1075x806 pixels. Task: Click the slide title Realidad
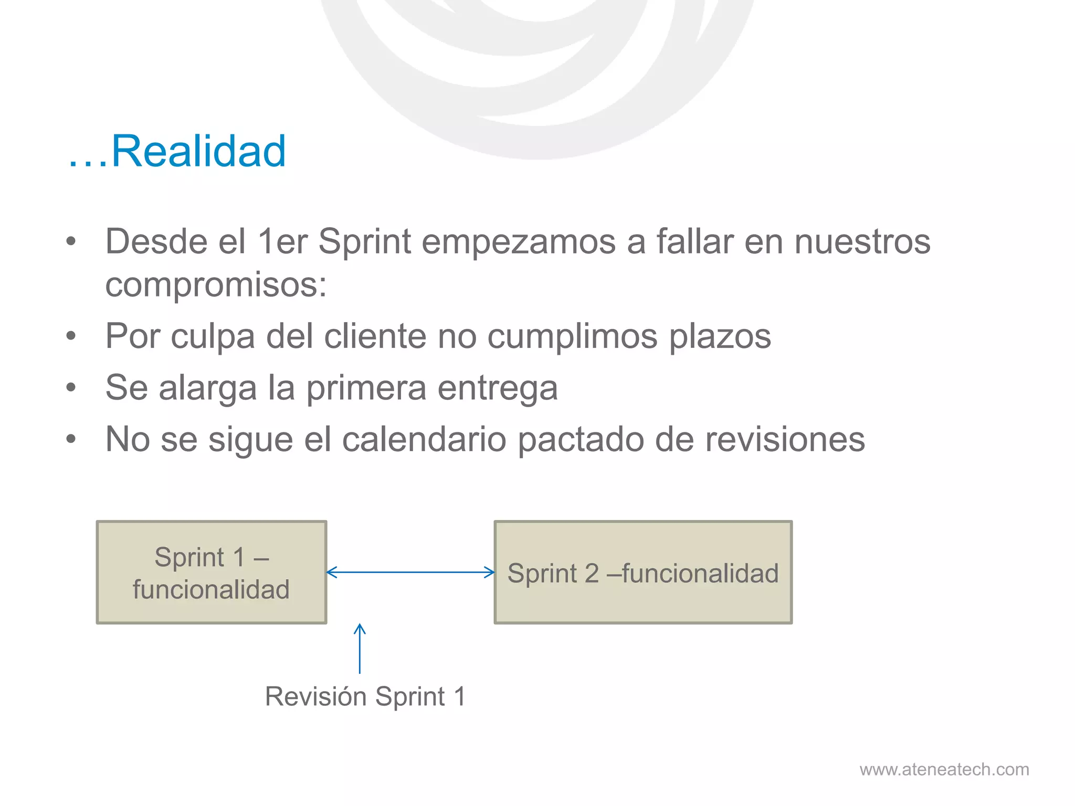tap(177, 151)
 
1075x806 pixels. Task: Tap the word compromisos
tap(215, 285)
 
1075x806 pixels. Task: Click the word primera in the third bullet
tap(366, 388)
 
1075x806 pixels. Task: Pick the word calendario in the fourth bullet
tap(424, 439)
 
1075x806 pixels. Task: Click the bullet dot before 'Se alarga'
tap(71, 388)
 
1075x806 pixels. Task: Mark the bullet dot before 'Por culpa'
tap(71, 336)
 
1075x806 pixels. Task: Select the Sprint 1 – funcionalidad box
tap(212, 572)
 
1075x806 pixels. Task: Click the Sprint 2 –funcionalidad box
tap(643, 572)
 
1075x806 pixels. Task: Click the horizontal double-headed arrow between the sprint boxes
tap(410, 572)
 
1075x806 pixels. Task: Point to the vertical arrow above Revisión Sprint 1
tap(360, 649)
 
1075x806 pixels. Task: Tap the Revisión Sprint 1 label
tap(365, 697)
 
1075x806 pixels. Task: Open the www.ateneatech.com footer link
tap(944, 769)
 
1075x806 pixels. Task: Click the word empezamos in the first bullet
tap(519, 242)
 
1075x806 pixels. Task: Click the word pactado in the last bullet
tap(581, 439)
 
